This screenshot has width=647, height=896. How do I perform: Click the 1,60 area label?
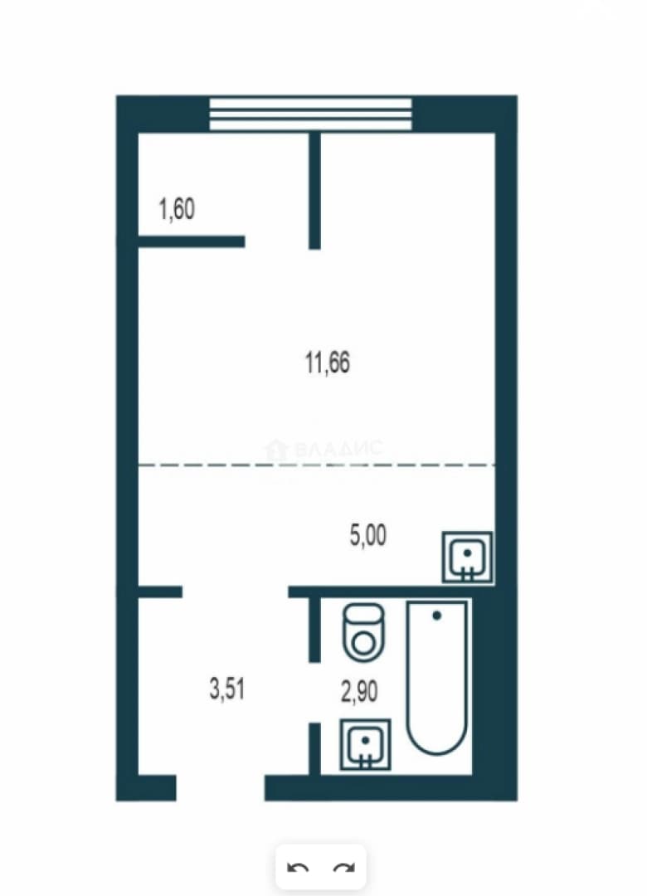177,209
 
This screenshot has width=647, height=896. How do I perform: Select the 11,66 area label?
328,363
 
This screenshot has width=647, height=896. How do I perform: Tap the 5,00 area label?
368,536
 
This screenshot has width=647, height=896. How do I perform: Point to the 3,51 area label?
227,689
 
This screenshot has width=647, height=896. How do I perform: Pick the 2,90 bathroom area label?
359,691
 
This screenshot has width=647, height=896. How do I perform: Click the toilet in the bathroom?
363,631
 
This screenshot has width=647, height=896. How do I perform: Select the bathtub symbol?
437,677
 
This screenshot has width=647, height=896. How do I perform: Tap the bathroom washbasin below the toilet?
365,744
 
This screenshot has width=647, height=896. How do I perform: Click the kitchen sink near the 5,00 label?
468,558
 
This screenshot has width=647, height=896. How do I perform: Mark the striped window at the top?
310,114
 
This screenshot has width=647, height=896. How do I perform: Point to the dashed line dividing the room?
317,465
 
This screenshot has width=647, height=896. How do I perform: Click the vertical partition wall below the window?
314,191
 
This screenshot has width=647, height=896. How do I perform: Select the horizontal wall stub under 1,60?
192,241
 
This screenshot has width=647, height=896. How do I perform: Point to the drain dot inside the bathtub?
437,616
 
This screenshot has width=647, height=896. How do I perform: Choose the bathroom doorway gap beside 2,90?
314,693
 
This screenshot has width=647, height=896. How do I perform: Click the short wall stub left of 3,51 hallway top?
160,592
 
